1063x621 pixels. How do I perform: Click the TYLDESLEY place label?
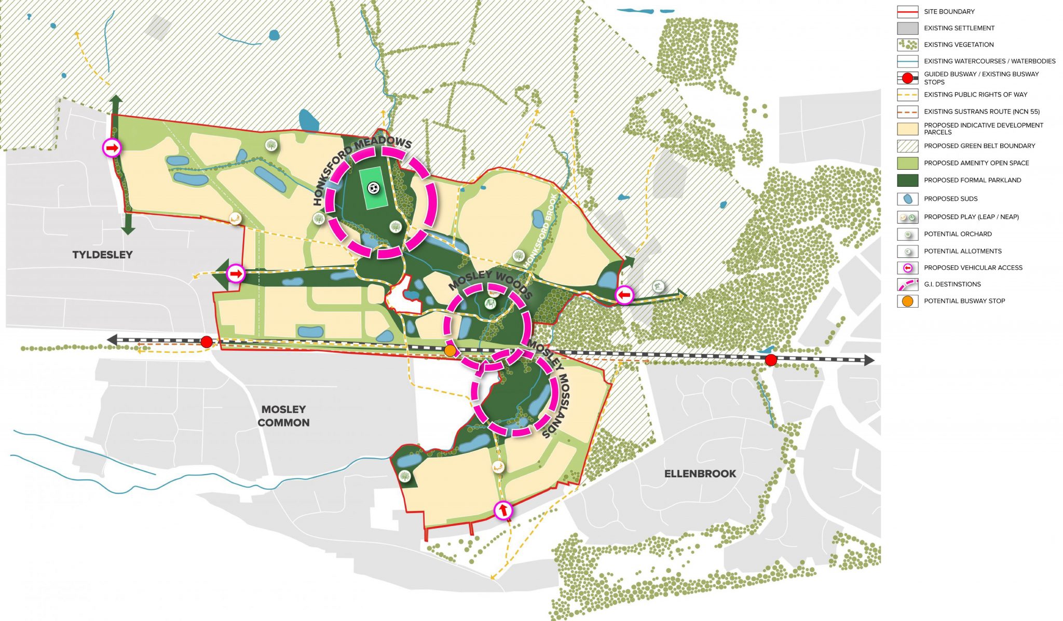point(102,255)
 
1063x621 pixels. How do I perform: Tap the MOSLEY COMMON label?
point(283,416)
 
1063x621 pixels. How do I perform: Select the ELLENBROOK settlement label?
point(700,474)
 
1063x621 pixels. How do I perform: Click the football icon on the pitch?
point(373,188)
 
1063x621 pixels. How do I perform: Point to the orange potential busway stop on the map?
point(450,351)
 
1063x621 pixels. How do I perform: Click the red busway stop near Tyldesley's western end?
point(207,341)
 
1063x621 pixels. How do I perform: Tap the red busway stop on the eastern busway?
point(771,360)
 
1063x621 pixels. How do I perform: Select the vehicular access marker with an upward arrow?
point(502,510)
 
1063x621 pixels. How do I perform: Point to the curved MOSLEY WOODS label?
point(490,282)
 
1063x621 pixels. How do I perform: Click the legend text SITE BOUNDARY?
point(949,11)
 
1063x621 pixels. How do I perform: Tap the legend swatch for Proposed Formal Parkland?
point(907,180)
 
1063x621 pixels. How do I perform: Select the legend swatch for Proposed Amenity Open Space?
point(907,163)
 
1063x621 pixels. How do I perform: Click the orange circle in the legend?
point(907,301)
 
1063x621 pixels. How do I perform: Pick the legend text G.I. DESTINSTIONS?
point(952,284)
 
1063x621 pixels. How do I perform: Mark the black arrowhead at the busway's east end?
point(869,360)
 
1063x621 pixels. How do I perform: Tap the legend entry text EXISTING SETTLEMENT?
point(959,28)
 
